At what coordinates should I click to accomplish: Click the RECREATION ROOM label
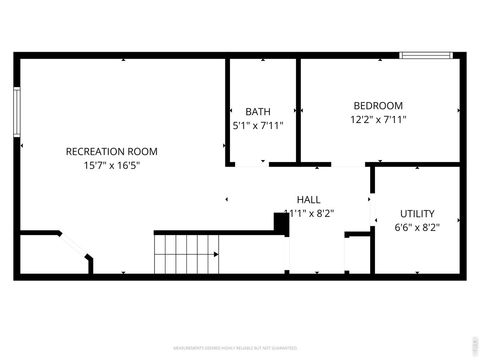111,152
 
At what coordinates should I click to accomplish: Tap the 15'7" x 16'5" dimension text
111,166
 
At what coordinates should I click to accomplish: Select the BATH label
258,111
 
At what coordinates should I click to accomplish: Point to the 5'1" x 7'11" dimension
258,126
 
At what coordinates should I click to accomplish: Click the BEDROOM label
378,105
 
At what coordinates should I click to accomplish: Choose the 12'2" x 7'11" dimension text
378,120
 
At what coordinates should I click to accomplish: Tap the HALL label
308,198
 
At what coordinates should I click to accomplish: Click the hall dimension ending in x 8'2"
309,213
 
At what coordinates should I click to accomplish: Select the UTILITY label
417,213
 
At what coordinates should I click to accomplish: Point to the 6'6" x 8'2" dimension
417,227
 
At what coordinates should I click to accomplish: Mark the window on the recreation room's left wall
17,120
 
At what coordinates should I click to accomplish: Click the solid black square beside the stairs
281,223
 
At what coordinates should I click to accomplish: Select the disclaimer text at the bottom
240,349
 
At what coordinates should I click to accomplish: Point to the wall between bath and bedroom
298,108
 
